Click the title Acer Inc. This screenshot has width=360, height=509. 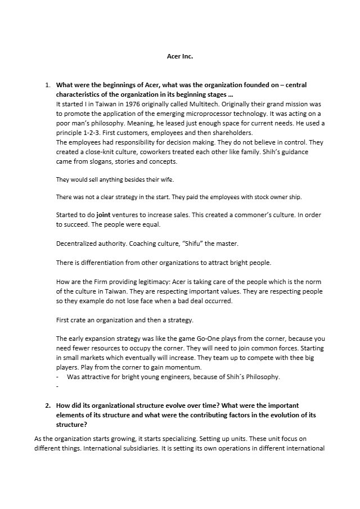tap(180, 56)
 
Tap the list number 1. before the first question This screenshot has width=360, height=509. tap(47, 85)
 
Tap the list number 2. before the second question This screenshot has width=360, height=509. tap(47, 405)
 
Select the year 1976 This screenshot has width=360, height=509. tap(125, 105)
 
